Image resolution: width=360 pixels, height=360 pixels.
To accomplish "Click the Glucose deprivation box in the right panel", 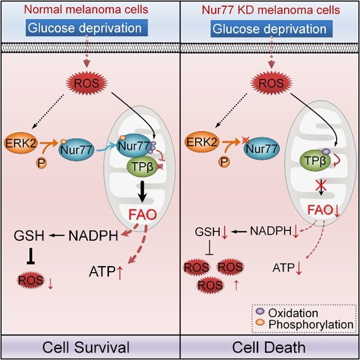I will [x=270, y=29].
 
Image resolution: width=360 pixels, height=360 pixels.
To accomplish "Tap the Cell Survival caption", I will [x=90, y=347].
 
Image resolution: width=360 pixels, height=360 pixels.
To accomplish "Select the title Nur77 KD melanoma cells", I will [x=270, y=9].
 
